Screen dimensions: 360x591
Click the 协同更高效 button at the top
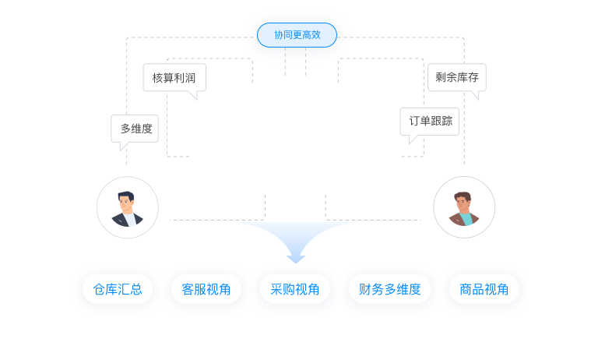[297, 35]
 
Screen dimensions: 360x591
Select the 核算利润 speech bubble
[174, 78]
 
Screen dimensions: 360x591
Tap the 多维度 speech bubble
[135, 129]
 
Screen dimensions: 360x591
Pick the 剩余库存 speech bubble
[456, 78]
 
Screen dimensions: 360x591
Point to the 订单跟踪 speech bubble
[430, 121]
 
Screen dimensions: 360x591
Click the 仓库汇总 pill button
[118, 290]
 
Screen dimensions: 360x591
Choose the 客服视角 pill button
[206, 290]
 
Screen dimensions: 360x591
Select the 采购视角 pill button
[295, 290]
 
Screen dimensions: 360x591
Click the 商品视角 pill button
[484, 290]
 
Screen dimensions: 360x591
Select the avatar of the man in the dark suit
[127, 207]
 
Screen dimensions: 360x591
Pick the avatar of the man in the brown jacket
[464, 207]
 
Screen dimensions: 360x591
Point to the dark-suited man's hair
[125, 196]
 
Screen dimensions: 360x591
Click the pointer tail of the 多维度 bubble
[122, 146]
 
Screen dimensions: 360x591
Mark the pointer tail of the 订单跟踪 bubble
[413, 140]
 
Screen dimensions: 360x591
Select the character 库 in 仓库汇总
[111, 290]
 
